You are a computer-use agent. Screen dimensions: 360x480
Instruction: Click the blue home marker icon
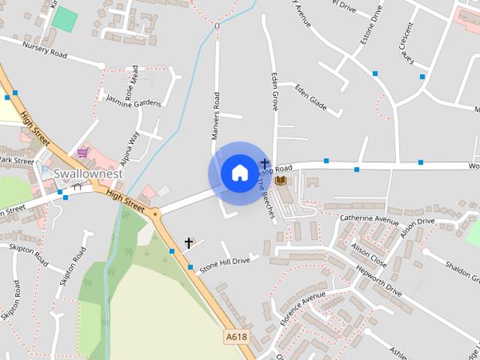(x=239, y=173)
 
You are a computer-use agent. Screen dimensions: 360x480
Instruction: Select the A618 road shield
(x=236, y=337)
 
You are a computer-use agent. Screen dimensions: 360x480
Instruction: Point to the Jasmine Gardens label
(x=133, y=100)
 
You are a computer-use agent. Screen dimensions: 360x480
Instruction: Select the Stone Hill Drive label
(x=224, y=262)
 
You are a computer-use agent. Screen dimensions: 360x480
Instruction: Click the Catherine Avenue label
(x=369, y=219)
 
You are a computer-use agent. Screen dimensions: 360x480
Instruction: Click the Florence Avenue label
(x=302, y=310)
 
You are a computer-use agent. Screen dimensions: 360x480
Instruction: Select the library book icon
(x=280, y=181)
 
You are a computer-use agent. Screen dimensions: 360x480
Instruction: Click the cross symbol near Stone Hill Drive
(x=188, y=243)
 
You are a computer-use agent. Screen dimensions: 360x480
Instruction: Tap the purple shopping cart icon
(x=82, y=152)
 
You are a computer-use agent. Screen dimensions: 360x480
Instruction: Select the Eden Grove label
(x=274, y=91)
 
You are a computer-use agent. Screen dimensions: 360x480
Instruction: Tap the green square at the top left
(x=65, y=19)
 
